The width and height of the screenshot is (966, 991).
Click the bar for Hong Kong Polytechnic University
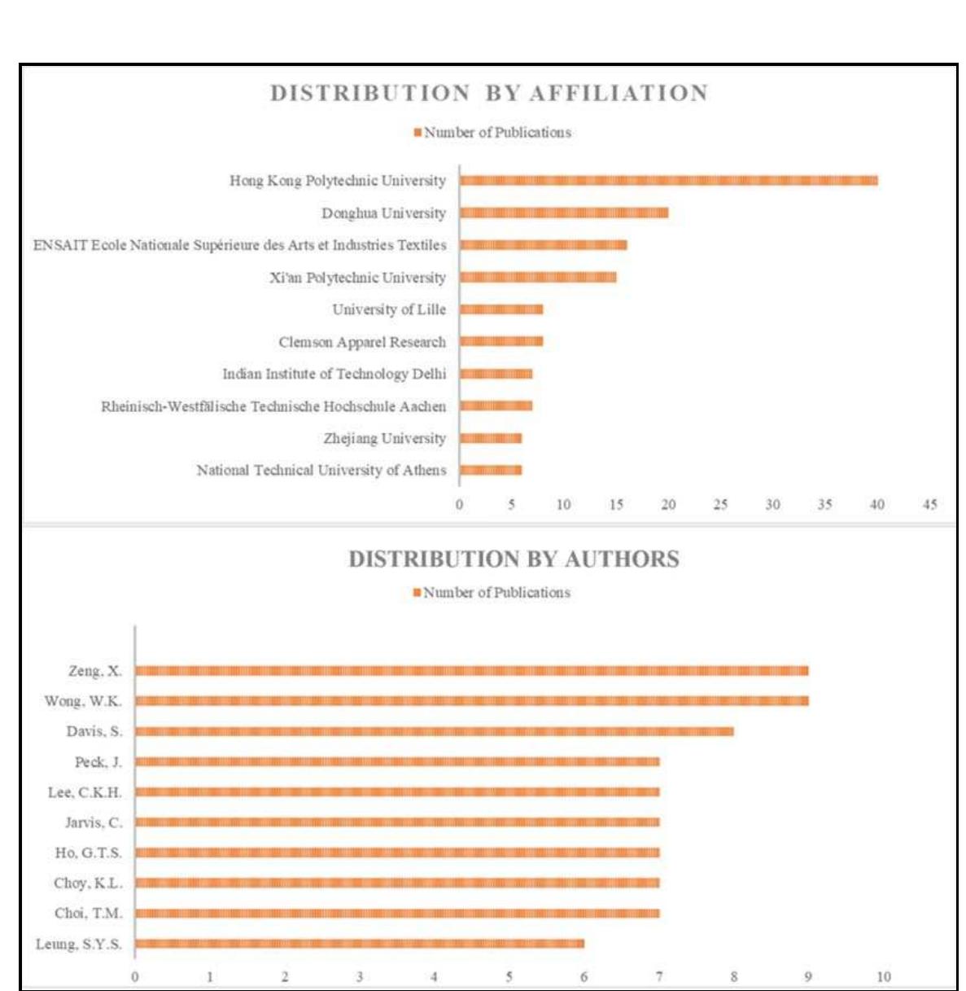pyautogui.click(x=668, y=181)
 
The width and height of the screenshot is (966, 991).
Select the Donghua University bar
pyautogui.click(x=564, y=213)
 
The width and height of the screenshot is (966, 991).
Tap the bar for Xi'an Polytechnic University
pyautogui.click(x=538, y=278)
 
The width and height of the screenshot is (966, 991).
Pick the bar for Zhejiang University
pyautogui.click(x=491, y=438)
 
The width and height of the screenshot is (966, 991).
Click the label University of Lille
pyautogui.click(x=389, y=309)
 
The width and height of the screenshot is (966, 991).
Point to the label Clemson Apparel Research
pyautogui.click(x=362, y=342)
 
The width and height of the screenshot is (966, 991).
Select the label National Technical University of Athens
pyautogui.click(x=321, y=471)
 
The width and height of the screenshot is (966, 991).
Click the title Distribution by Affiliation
pyautogui.click(x=489, y=94)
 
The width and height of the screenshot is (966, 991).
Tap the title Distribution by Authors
pyautogui.click(x=514, y=559)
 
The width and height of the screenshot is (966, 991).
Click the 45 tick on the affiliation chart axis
pyautogui.click(x=929, y=505)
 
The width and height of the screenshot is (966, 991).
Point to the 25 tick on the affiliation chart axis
pyautogui.click(x=720, y=505)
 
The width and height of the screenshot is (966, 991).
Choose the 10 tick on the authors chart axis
pyautogui.click(x=883, y=977)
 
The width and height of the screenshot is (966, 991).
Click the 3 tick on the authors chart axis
pyautogui.click(x=360, y=977)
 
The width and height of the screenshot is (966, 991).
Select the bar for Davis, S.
pyautogui.click(x=435, y=731)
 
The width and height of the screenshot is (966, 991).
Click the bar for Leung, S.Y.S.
pyautogui.click(x=360, y=944)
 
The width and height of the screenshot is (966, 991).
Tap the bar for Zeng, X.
pyautogui.click(x=472, y=671)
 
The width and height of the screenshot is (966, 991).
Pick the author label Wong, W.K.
pyautogui.click(x=83, y=701)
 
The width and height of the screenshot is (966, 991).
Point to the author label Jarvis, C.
pyautogui.click(x=94, y=822)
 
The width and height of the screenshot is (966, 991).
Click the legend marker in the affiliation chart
pyautogui.click(x=417, y=133)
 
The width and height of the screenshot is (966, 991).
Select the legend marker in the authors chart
pyautogui.click(x=417, y=593)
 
